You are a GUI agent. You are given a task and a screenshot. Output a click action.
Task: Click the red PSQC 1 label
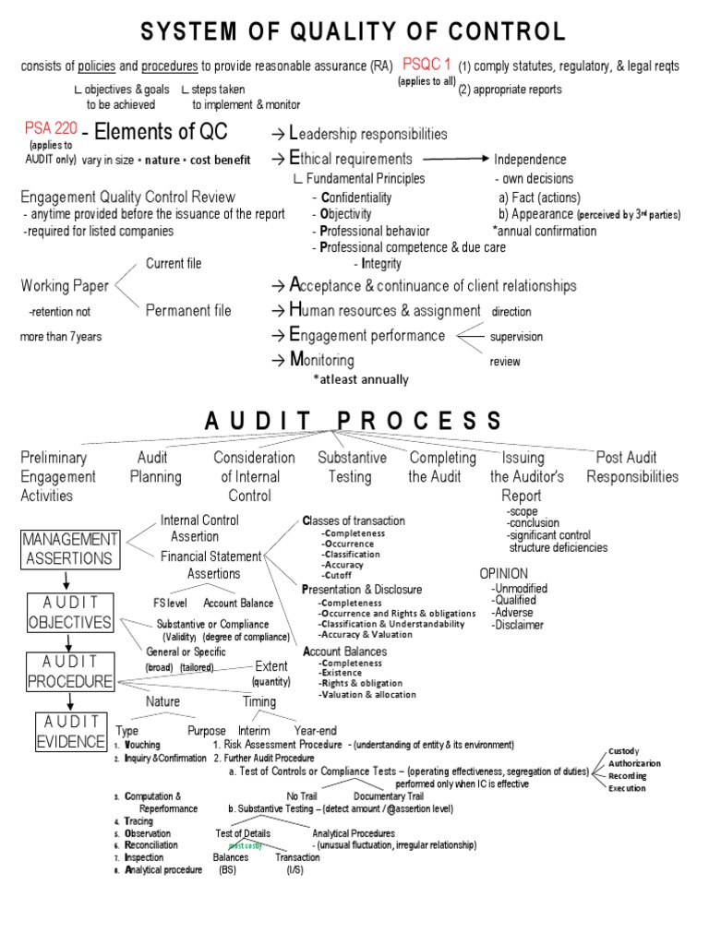click(x=427, y=65)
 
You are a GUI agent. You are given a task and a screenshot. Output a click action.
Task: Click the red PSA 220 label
click(x=51, y=128)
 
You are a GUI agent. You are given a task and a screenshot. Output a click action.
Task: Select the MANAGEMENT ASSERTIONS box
click(x=70, y=548)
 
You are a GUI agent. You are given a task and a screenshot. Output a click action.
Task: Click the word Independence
click(x=530, y=159)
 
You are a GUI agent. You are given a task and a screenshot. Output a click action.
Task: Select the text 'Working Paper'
click(x=65, y=286)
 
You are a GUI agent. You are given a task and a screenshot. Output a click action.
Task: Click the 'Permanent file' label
click(x=188, y=311)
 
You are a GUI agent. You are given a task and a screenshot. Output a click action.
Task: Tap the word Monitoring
click(x=321, y=360)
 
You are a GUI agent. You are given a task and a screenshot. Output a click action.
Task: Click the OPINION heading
click(x=504, y=573)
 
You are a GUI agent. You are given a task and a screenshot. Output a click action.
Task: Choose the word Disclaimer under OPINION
click(x=518, y=625)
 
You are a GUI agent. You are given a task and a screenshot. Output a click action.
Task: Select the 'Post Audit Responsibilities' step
click(x=631, y=467)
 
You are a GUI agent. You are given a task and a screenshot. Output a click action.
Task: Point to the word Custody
click(x=623, y=751)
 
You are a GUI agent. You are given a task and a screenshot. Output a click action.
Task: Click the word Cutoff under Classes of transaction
click(x=337, y=576)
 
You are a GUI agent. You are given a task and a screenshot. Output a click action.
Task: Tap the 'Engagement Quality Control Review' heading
click(x=127, y=197)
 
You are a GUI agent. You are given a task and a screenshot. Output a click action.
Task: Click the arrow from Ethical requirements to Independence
click(x=453, y=159)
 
